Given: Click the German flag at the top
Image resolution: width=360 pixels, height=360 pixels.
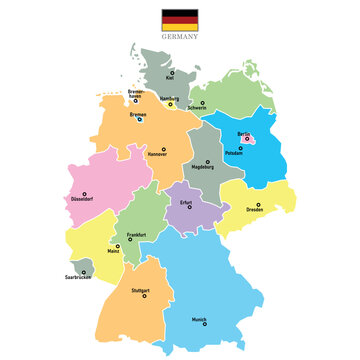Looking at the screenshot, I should tap(180, 19).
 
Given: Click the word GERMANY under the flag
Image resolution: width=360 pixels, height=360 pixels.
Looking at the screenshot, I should tap(180, 35).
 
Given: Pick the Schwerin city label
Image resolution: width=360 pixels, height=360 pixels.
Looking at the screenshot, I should tap(197, 107).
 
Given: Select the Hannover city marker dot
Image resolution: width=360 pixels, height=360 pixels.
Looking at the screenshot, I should tap(163, 150).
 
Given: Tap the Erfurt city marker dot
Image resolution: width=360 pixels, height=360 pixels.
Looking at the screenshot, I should tap(189, 208).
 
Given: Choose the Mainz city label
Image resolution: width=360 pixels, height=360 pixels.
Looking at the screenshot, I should tap(113, 250).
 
